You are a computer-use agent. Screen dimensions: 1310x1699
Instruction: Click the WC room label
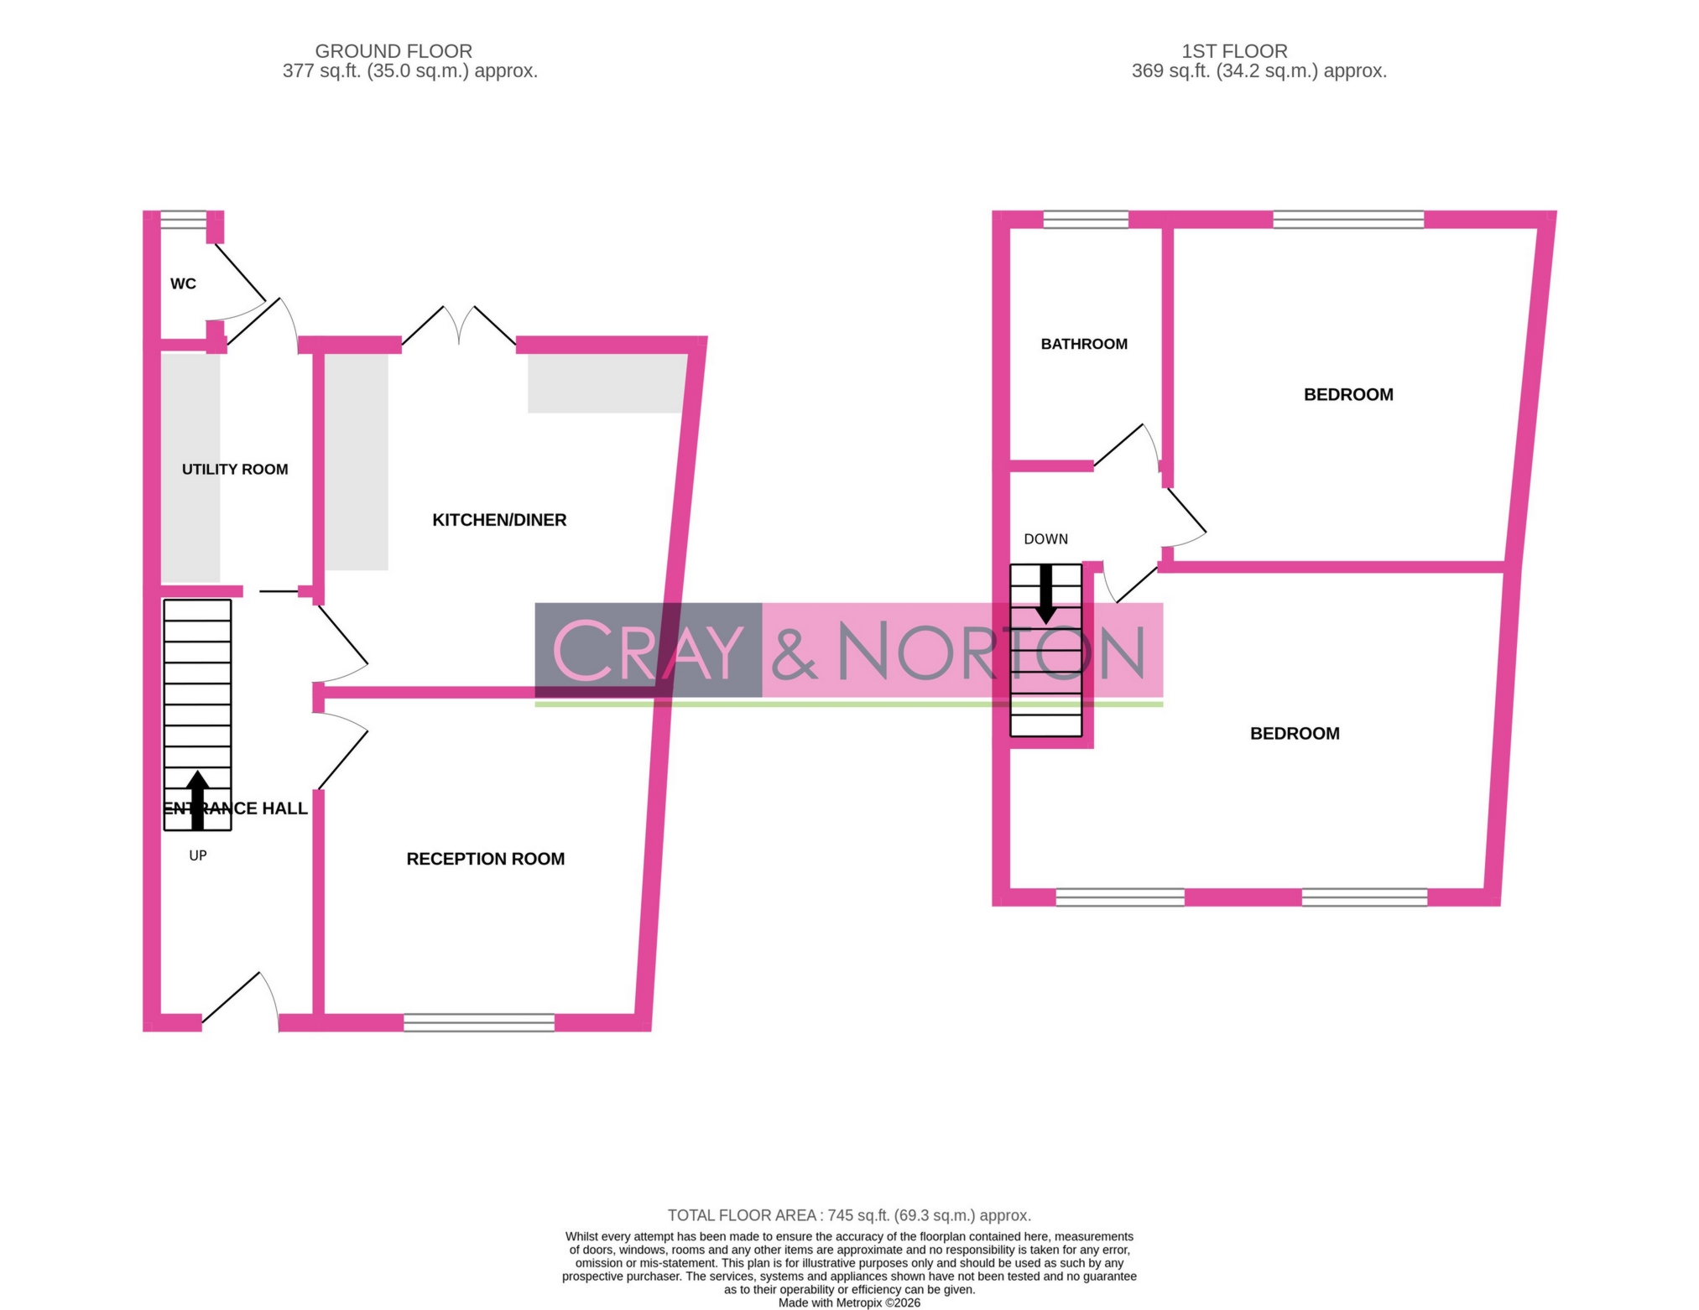pos(183,283)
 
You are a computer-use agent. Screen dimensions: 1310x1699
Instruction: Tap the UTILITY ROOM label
pos(235,470)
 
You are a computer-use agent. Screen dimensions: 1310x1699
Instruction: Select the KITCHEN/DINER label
pos(499,520)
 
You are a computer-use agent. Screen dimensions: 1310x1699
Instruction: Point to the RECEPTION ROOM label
pos(485,859)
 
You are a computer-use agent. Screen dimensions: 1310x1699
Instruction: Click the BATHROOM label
pos(1084,344)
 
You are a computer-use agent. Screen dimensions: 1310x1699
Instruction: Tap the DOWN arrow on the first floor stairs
pos(1045,594)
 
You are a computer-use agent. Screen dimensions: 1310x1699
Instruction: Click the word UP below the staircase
pos(198,855)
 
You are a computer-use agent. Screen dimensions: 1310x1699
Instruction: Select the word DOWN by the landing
pos(1045,539)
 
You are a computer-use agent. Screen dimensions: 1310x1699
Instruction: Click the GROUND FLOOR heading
pos(393,51)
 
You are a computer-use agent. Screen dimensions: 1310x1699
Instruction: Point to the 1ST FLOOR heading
pos(1234,51)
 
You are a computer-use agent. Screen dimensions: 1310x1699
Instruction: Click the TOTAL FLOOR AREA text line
pos(849,1215)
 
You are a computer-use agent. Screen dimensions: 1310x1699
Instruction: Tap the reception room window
pos(479,1022)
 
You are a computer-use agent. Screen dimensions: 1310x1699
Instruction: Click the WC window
pos(184,220)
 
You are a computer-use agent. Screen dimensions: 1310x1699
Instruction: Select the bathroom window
pos(1086,220)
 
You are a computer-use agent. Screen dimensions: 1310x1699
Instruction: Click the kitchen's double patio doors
pos(459,325)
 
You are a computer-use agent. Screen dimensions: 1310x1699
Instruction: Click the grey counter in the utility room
pos(190,468)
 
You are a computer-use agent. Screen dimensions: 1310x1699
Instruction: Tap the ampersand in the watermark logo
pos(794,651)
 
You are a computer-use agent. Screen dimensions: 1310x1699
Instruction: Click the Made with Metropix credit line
pos(849,1302)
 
